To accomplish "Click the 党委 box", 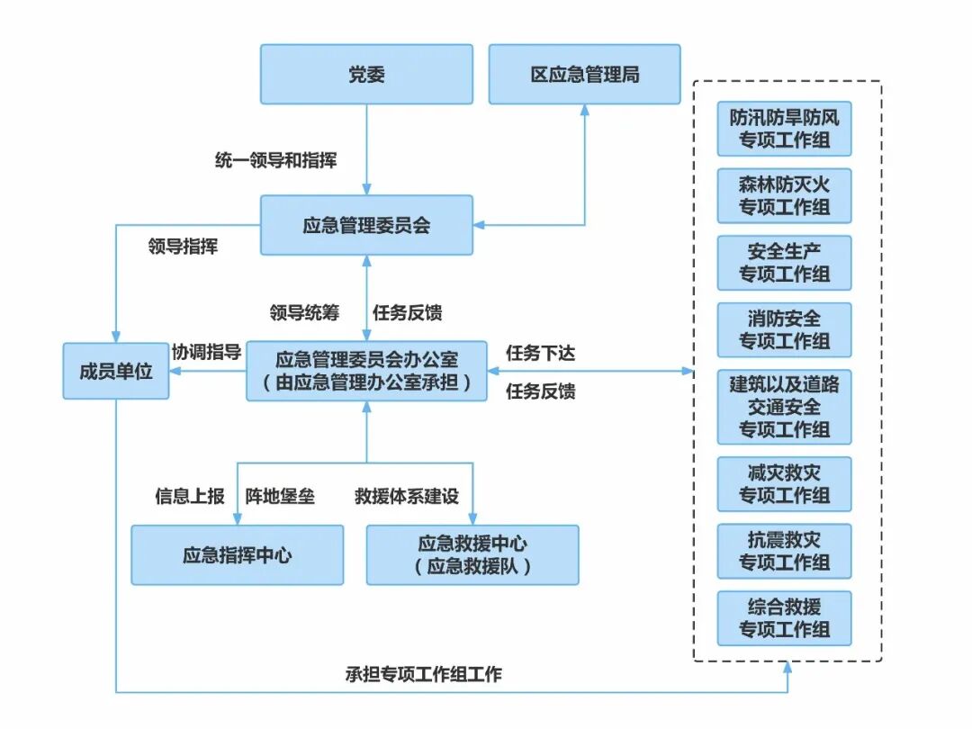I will tap(366, 75).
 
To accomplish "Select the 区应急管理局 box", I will tap(585, 75).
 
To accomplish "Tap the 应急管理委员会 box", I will tap(366, 225).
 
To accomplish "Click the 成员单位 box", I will tap(116, 371).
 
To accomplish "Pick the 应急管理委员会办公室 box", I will tap(366, 371).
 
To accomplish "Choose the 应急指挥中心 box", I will tap(238, 554).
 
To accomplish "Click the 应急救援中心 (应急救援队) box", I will tap(472, 554).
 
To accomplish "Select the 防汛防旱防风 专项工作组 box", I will tap(784, 129).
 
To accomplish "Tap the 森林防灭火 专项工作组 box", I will tap(784, 196).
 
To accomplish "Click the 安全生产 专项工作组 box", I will tap(784, 263).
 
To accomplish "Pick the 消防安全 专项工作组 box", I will tap(784, 329).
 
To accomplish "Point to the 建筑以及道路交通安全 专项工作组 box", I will tap(784, 406).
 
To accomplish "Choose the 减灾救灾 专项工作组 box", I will tap(784, 483).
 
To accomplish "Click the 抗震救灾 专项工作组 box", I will tap(784, 551).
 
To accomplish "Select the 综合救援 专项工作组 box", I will tap(784, 617).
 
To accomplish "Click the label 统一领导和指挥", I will tap(275, 160).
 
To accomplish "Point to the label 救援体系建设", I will tap(406, 496).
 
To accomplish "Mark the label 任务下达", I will tap(540, 353).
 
